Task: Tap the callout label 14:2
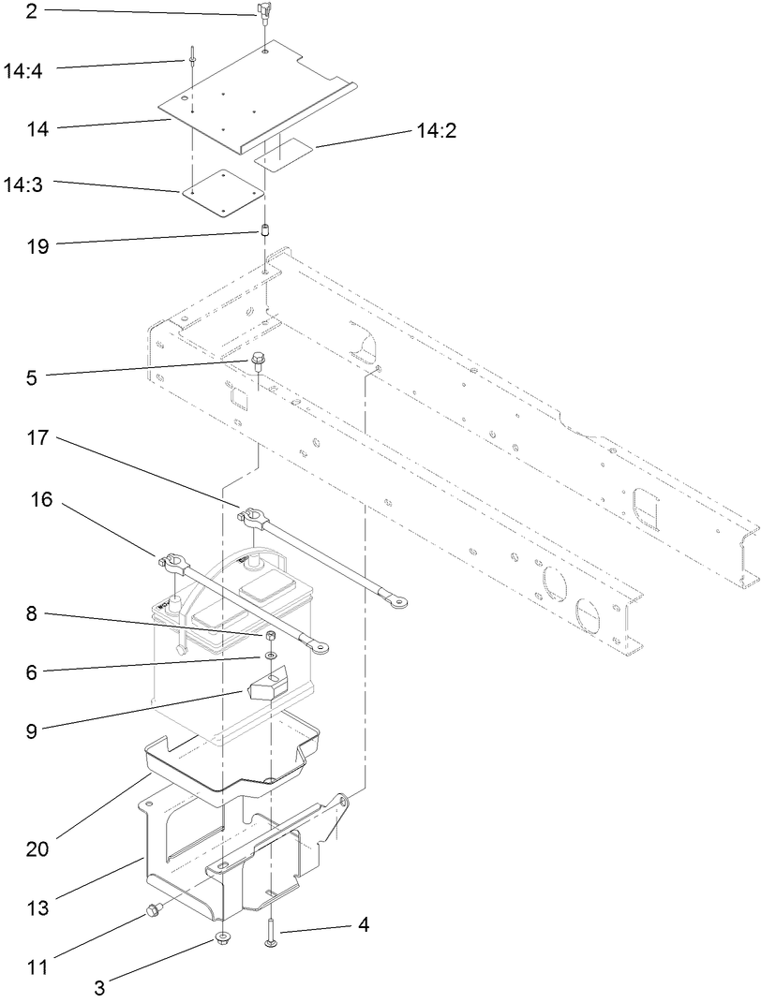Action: tap(436, 133)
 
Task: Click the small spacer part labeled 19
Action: tap(265, 230)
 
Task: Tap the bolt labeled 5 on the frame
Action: tap(255, 360)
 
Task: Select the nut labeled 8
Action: tap(269, 639)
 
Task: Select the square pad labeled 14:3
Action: tap(223, 192)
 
